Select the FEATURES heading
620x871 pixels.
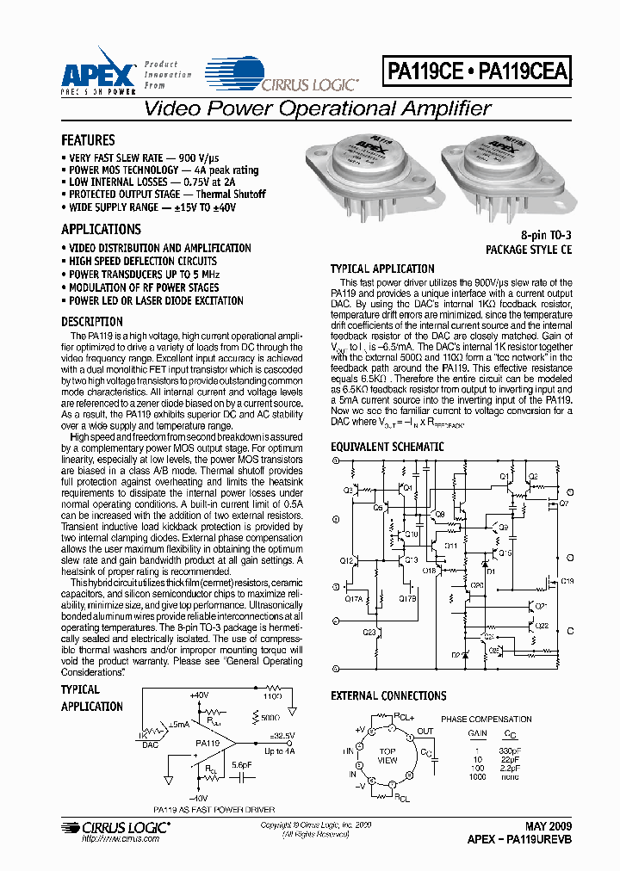click(88, 140)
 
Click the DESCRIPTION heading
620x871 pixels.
click(92, 322)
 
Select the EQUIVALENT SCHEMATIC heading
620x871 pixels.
click(387, 447)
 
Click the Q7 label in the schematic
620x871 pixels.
click(564, 503)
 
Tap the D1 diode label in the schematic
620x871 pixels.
click(491, 571)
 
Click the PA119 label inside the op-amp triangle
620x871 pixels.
click(207, 743)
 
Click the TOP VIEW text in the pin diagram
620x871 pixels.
click(387, 756)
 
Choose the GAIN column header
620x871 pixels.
click(477, 733)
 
